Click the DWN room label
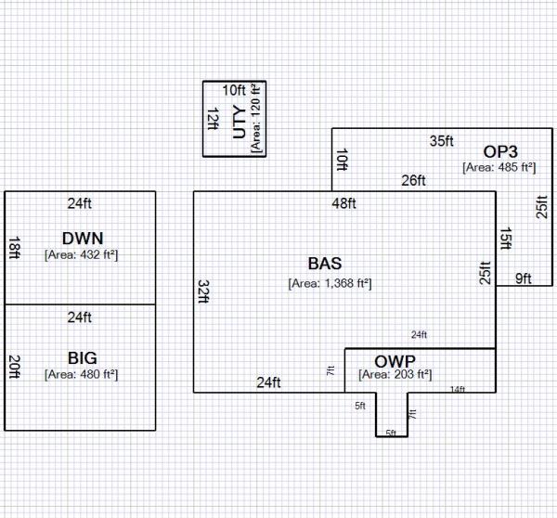coord(81,237)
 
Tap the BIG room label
coord(82,357)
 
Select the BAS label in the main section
coord(330,264)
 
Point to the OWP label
coord(395,360)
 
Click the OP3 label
coord(499,151)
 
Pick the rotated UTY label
coord(240,121)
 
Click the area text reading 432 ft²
coord(81,253)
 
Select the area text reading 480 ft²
coord(81,374)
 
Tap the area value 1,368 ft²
coord(330,282)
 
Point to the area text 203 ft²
coord(395,375)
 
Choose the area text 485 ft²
coord(499,168)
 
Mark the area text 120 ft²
coord(257,117)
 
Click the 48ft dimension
coord(343,203)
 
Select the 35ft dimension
coord(441,141)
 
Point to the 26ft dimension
coord(413,180)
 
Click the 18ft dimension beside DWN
coord(14,246)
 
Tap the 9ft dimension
coord(523,278)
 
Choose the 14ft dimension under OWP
coord(457,389)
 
